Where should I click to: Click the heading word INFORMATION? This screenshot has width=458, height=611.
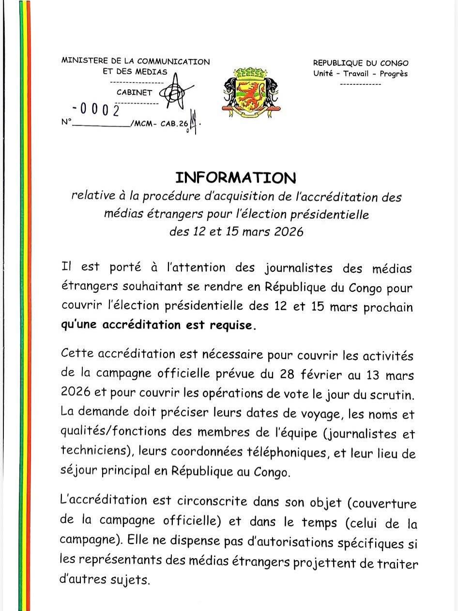[x=235, y=177]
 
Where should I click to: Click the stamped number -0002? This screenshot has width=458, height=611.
[x=97, y=110]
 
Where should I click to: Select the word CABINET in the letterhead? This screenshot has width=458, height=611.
[x=134, y=92]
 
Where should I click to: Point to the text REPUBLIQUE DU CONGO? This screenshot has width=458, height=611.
[x=360, y=63]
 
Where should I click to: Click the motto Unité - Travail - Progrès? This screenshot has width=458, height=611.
[x=360, y=74]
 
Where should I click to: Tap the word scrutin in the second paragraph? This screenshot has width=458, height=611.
[x=397, y=394]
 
